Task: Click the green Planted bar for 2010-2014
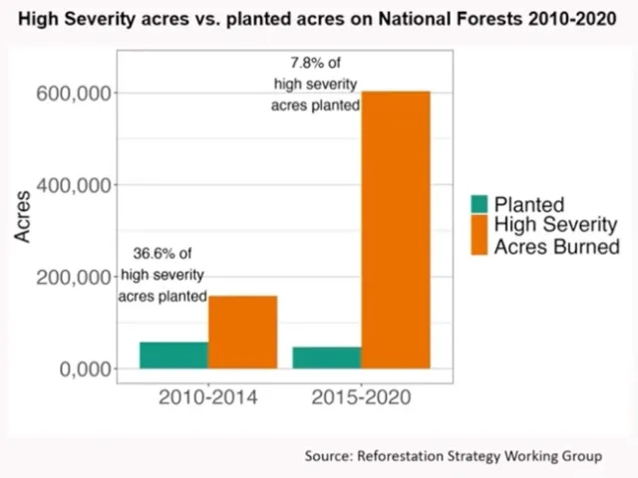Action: point(173,356)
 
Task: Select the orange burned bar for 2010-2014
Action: point(242,332)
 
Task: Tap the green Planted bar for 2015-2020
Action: point(327,358)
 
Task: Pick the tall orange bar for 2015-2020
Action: point(396,230)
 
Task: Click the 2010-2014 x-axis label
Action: point(207,398)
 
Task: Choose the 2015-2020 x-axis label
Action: point(361,398)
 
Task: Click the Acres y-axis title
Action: point(23,216)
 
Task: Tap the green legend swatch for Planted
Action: point(479,204)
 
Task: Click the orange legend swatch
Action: point(479,235)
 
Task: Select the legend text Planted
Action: point(529,204)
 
